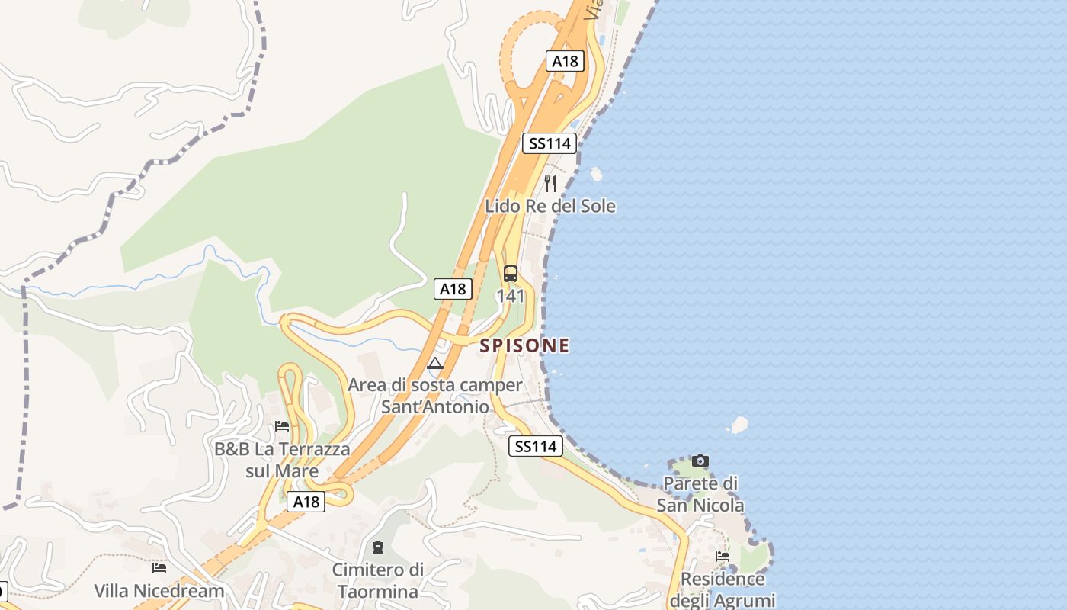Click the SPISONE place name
click(524, 345)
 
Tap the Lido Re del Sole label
click(550, 206)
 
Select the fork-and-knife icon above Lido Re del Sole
click(550, 183)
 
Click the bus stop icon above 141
click(511, 274)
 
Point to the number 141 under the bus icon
click(511, 296)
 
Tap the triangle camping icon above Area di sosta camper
click(435, 363)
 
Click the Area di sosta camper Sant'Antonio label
click(435, 396)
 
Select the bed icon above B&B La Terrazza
click(282, 425)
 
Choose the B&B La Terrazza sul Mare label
click(282, 460)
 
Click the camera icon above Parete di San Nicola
click(700, 461)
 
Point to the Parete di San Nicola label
click(700, 494)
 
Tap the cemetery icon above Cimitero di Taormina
click(377, 547)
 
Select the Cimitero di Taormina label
click(378, 580)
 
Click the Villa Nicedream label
click(159, 590)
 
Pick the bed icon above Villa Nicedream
click(159, 567)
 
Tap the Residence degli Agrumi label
click(722, 589)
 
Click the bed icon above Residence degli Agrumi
click(723, 556)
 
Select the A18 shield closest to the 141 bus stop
click(453, 288)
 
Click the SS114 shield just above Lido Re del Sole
click(548, 143)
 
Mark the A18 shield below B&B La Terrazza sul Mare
click(306, 501)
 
